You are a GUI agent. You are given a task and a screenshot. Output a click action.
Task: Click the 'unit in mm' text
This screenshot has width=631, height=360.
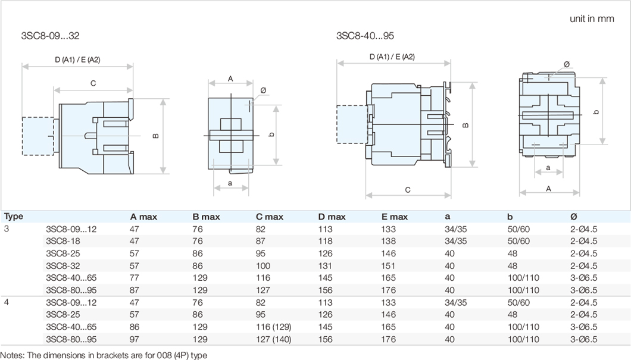(x=591, y=18)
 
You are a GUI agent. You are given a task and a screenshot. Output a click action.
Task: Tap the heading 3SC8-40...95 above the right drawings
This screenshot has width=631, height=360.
(x=365, y=35)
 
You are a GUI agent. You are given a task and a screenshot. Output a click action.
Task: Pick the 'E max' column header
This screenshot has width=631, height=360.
(x=395, y=217)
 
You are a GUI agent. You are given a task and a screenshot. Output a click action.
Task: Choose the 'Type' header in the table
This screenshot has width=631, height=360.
(x=14, y=217)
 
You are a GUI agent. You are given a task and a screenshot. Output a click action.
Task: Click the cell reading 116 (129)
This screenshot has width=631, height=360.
(x=274, y=327)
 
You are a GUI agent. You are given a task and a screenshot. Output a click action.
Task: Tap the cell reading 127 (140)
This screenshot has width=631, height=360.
(x=274, y=339)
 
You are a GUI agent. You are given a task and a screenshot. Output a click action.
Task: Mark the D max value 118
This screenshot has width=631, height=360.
(x=325, y=240)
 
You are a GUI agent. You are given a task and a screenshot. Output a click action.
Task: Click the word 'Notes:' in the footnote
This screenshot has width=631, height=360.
(x=13, y=355)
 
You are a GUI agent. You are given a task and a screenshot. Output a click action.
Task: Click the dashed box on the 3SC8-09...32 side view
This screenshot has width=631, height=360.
(x=38, y=136)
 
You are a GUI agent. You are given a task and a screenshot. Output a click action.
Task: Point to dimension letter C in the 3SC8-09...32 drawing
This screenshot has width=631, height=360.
(x=93, y=83)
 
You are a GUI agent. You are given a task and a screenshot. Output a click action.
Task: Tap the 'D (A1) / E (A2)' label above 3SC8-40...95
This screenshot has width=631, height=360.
(x=392, y=57)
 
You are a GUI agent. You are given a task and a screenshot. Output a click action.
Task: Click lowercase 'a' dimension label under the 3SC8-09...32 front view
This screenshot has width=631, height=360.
(x=230, y=183)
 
